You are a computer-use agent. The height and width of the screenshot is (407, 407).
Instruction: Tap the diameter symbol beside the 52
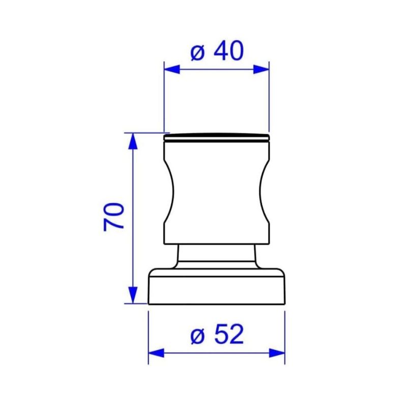(x=197, y=336)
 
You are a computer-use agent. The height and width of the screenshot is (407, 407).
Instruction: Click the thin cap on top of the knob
(x=216, y=136)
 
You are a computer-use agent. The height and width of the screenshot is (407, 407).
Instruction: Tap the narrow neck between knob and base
(x=216, y=254)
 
